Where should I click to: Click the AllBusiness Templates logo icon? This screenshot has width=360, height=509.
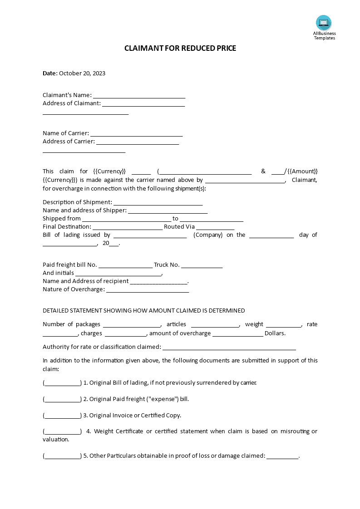(x=324, y=23)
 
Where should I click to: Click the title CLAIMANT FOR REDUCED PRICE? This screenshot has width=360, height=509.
(x=180, y=48)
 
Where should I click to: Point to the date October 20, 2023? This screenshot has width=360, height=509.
(x=82, y=73)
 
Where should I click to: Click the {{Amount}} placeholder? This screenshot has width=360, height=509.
(x=303, y=171)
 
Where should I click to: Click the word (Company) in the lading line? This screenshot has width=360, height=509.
(x=208, y=235)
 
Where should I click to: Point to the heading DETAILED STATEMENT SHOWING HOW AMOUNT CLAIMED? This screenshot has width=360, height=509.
(x=143, y=311)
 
